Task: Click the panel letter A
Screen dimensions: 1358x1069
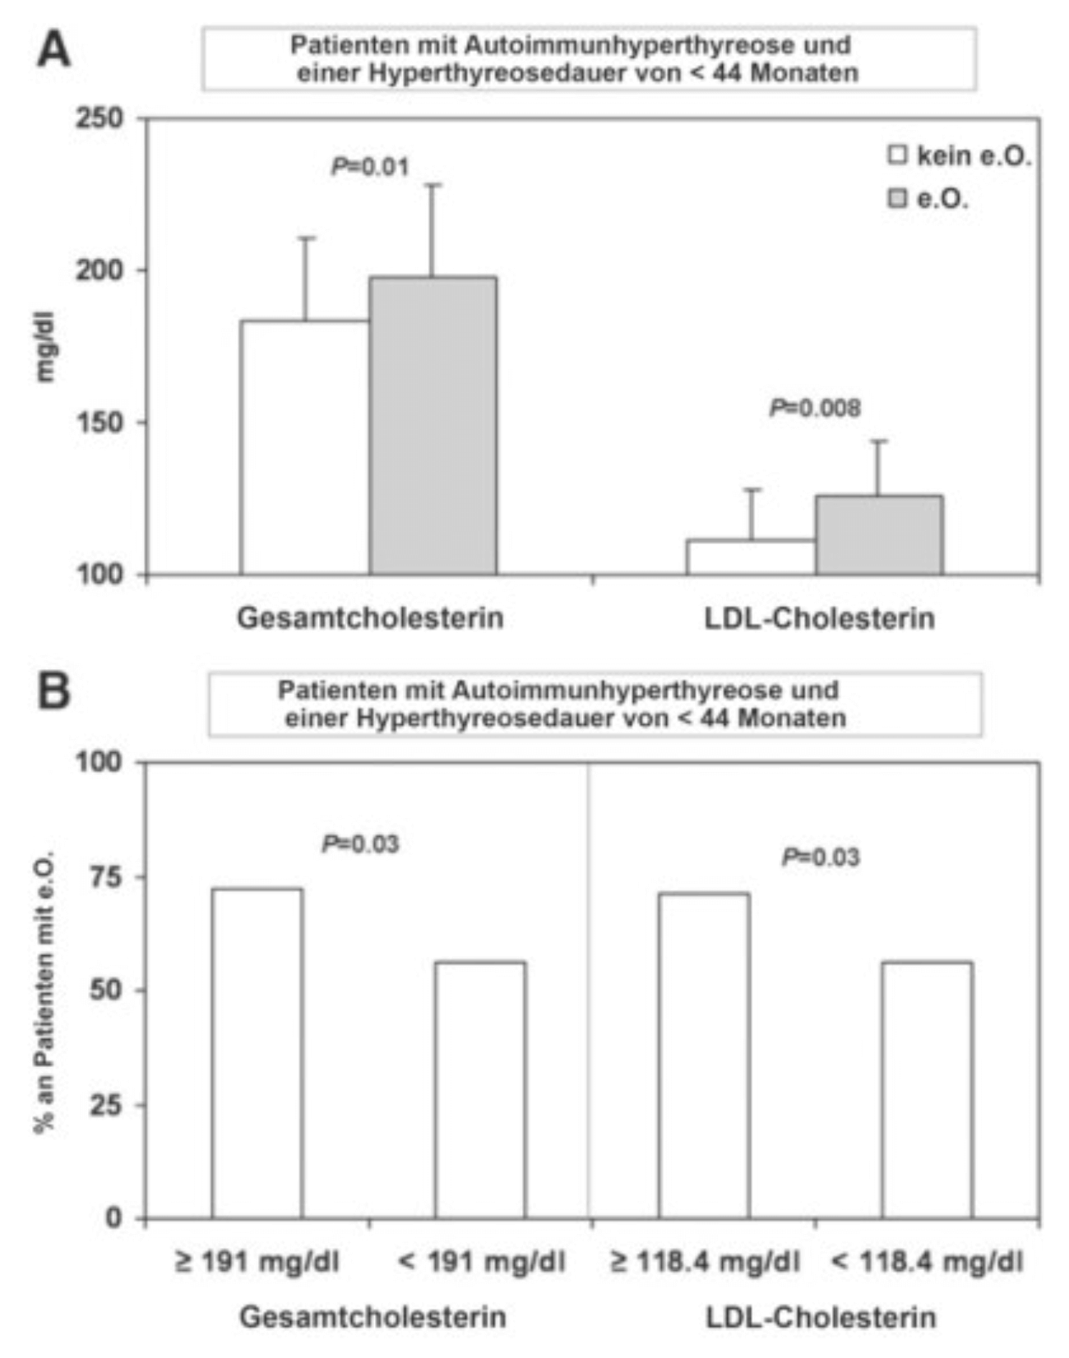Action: click(x=53, y=50)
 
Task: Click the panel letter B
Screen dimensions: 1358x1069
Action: click(x=53, y=691)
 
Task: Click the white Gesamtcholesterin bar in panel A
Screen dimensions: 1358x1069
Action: click(x=304, y=447)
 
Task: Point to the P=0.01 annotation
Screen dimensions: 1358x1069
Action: click(x=369, y=167)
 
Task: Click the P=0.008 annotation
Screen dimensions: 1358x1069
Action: click(x=815, y=408)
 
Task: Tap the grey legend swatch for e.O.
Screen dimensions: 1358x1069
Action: click(x=898, y=198)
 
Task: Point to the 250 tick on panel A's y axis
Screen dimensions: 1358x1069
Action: click(x=100, y=118)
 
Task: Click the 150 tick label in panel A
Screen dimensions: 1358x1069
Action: click(x=100, y=423)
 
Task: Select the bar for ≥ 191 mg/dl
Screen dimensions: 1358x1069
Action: click(x=257, y=1053)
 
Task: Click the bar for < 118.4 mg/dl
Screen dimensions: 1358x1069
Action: click(x=927, y=1089)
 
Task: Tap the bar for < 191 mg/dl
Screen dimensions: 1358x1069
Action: click(x=480, y=1089)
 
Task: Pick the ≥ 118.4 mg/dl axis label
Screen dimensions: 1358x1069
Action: click(x=705, y=1262)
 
